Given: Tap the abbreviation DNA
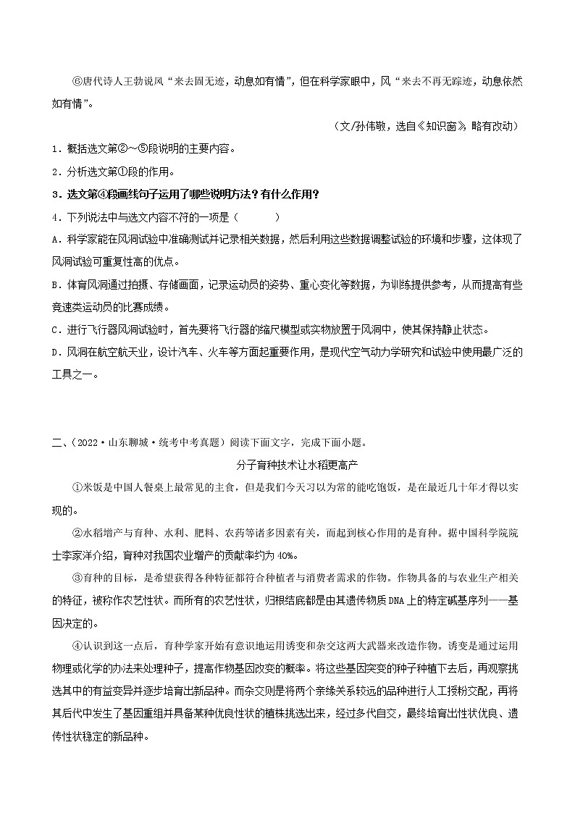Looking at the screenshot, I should (x=411, y=600).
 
